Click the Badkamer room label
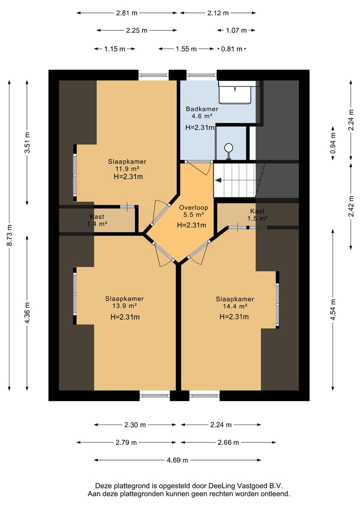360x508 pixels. (201, 109)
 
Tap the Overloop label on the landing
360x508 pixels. (193, 207)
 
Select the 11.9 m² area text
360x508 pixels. (127, 169)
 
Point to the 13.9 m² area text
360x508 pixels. (124, 306)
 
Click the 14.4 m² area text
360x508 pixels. (235, 306)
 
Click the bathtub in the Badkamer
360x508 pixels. (235, 92)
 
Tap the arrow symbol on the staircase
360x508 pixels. (218, 180)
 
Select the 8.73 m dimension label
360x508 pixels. (9, 235)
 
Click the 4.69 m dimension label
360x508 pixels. (177, 460)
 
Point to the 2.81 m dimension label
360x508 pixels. (127, 13)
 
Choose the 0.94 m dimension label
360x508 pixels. (333, 143)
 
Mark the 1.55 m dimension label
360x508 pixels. (186, 49)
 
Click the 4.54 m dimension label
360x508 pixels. (333, 309)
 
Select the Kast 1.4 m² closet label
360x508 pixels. (97, 220)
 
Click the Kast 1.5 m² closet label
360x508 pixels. (257, 215)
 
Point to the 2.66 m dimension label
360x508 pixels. (228, 442)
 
